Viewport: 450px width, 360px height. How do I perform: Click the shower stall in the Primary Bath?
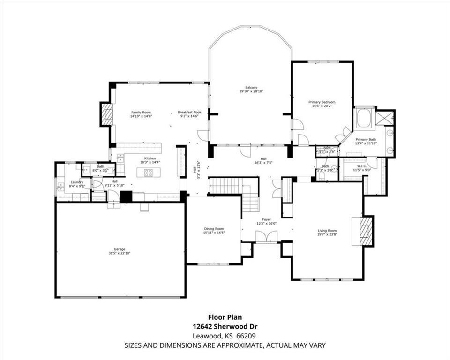point(385,118)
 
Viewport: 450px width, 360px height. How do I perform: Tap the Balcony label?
point(251,88)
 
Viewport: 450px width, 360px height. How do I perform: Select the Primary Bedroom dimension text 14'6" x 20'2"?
point(322,106)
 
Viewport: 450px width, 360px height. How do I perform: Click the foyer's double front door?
point(267,237)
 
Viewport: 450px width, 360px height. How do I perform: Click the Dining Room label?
point(214,228)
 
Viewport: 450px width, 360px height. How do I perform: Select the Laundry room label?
point(77,182)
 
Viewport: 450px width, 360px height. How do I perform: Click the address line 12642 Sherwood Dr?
point(225,326)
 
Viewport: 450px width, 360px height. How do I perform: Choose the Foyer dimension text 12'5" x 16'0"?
point(267,224)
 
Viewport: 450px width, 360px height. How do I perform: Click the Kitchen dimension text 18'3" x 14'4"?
point(150,162)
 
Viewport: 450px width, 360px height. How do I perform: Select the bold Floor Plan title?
point(225,317)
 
